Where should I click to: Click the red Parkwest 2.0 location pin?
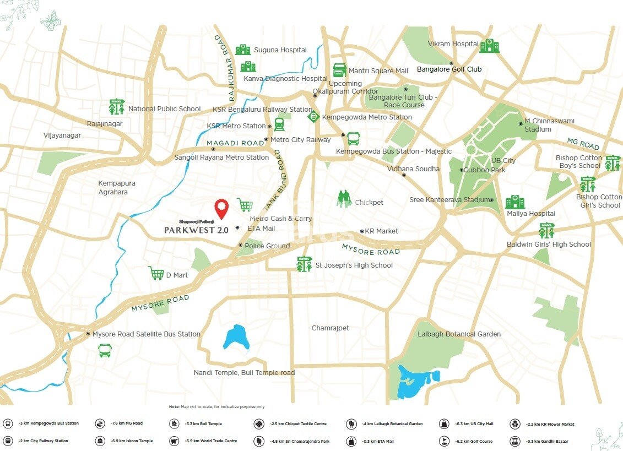221,209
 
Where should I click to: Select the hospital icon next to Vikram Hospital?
489,46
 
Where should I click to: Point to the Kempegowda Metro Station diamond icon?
313,117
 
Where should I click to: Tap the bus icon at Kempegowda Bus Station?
353,138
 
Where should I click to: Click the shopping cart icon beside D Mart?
156,273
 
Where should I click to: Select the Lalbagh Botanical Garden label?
459,334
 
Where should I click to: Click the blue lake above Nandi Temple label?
236,336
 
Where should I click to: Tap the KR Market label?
381,231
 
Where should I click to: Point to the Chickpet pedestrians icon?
344,199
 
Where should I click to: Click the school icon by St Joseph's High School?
304,264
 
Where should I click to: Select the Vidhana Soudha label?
413,169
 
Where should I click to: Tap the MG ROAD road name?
583,145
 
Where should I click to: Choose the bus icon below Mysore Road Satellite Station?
105,350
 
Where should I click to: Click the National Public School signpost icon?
117,106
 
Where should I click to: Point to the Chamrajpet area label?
330,328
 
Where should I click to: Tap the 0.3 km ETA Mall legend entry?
369,441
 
